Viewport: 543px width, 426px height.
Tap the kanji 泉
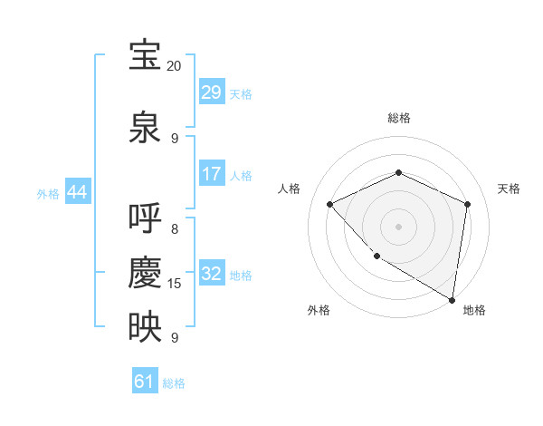(145, 126)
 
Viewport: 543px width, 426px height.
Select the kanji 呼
(145, 218)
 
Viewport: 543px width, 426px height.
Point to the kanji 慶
(145, 272)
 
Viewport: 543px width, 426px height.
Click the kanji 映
(145, 326)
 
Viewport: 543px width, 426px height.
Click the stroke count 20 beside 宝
(174, 66)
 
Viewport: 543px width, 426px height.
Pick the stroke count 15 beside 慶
(175, 284)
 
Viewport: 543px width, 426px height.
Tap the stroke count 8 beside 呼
(175, 229)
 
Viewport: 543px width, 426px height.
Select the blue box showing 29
(211, 92)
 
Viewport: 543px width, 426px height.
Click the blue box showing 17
(211, 173)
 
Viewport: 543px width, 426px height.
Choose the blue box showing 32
(211, 273)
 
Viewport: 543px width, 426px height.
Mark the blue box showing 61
(145, 382)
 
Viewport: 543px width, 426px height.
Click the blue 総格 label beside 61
(174, 383)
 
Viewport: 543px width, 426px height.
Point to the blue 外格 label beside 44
(48, 193)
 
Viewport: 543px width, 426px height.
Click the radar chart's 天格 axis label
(509, 189)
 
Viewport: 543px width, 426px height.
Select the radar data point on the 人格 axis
(330, 205)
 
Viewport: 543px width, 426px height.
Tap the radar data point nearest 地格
(452, 299)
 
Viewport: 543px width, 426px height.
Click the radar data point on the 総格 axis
(398, 172)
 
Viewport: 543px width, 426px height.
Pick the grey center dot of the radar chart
(398, 227)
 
